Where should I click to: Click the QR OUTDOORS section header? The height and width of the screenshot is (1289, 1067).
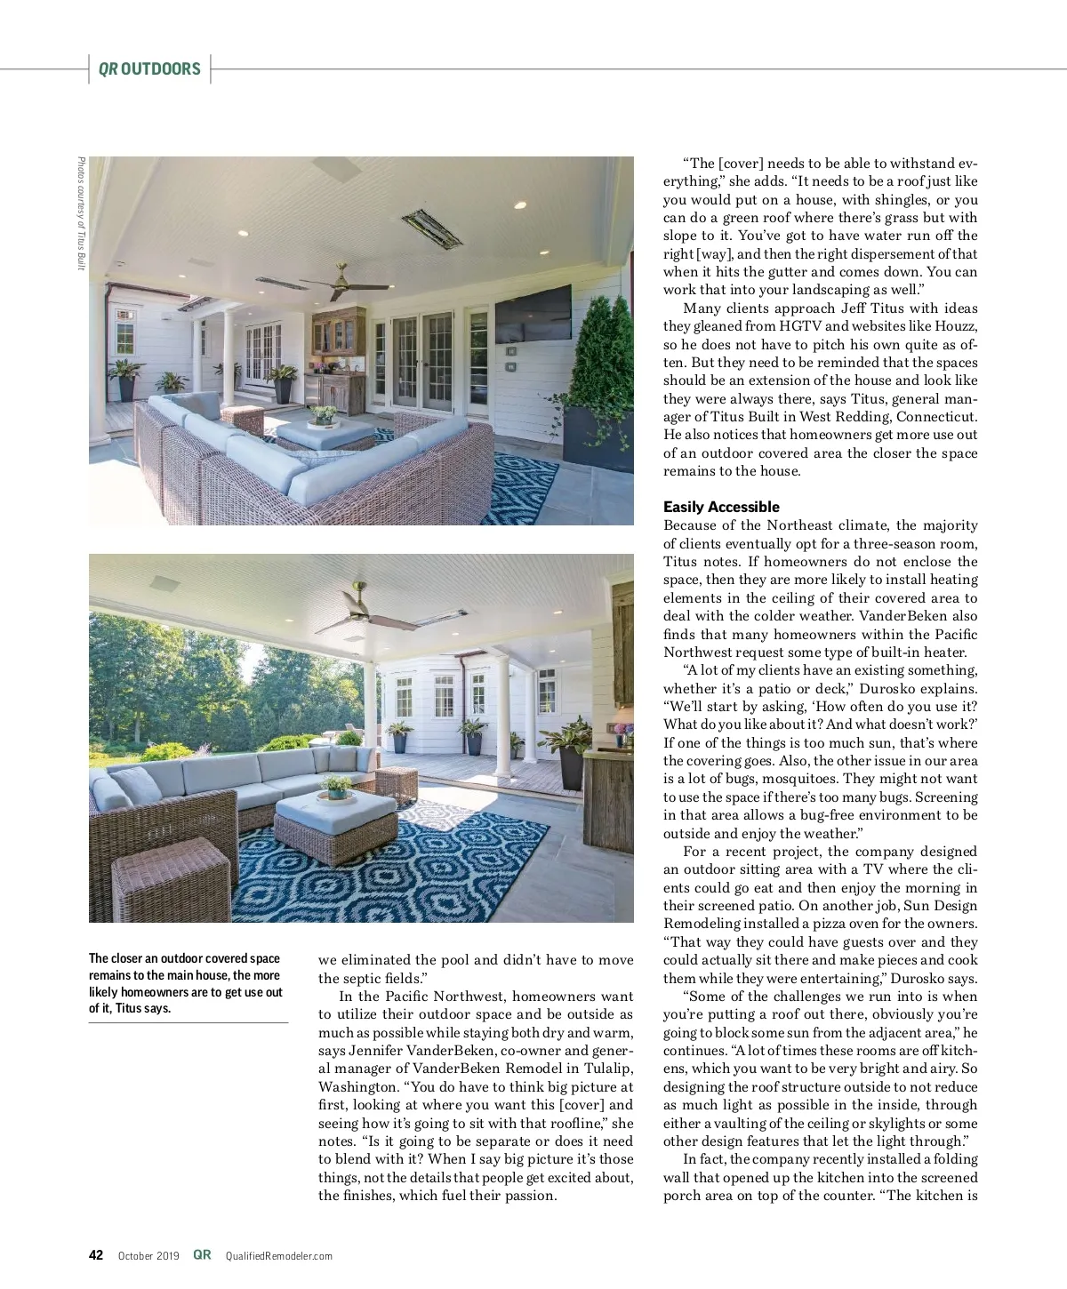click(149, 69)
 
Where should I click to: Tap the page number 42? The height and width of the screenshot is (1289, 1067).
click(96, 1255)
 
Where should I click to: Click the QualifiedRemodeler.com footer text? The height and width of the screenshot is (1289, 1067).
click(278, 1256)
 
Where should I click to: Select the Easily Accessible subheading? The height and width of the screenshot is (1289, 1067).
click(721, 507)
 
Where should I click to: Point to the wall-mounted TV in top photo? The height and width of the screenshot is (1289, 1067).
click(533, 312)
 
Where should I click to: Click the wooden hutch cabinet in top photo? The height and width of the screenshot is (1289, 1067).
click(338, 356)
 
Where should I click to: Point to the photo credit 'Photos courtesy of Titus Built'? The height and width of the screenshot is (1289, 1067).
click(81, 213)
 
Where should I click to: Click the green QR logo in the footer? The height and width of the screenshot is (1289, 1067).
click(203, 1255)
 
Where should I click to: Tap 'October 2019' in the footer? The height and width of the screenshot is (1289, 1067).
click(148, 1256)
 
